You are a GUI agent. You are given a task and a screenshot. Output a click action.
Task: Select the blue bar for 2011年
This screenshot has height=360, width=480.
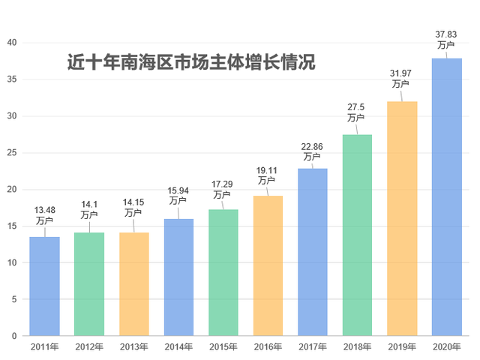click(44, 286)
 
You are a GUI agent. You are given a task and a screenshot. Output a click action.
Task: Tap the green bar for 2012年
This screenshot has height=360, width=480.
click(89, 284)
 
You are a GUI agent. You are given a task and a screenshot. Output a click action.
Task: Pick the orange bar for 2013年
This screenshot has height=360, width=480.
click(134, 284)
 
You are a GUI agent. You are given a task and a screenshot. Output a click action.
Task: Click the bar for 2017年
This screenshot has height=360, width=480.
click(313, 252)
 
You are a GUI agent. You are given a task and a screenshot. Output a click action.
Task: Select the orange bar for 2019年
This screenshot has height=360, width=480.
click(402, 218)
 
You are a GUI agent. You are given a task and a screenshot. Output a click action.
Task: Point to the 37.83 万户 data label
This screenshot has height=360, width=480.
click(446, 40)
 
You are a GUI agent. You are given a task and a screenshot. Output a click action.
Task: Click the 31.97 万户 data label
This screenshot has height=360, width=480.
click(401, 78)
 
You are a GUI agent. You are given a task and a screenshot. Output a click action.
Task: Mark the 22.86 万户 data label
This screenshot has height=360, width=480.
click(312, 151)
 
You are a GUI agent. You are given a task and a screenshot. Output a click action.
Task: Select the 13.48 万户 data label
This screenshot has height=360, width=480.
click(45, 214)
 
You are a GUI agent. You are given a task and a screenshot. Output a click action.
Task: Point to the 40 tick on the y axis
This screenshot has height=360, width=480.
click(12, 43)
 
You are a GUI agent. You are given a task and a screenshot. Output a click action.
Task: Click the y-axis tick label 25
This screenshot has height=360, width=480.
click(12, 153)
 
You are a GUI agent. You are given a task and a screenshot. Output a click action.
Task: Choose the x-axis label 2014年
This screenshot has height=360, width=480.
click(178, 346)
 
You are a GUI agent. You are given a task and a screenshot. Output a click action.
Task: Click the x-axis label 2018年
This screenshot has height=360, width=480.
click(357, 346)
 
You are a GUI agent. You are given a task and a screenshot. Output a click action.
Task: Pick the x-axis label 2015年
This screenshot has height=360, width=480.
click(223, 346)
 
